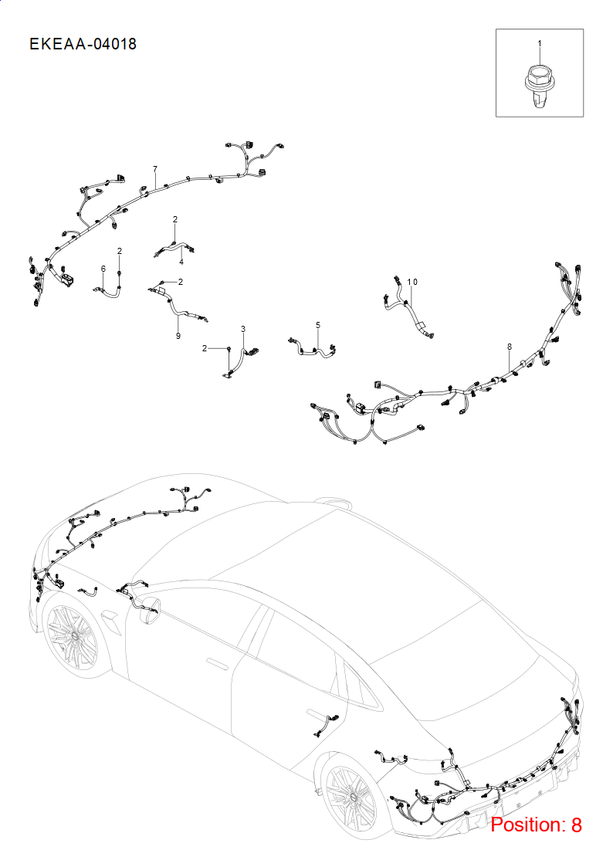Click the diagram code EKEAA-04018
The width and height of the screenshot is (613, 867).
click(x=83, y=44)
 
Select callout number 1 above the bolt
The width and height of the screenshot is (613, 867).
click(x=540, y=43)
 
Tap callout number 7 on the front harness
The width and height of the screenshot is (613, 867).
click(x=155, y=169)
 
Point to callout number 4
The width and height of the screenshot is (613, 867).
click(x=181, y=262)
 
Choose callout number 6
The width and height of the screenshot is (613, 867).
click(x=103, y=269)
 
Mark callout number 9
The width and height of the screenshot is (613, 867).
click(x=178, y=336)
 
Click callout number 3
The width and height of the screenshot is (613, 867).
click(x=243, y=329)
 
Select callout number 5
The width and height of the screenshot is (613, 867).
click(x=318, y=325)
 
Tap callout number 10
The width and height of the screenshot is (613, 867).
click(x=412, y=282)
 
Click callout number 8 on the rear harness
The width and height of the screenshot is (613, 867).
click(x=509, y=347)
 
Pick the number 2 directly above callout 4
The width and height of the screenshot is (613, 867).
click(x=175, y=219)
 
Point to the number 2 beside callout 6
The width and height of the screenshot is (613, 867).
click(x=120, y=251)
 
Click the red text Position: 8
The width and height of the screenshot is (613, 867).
click(x=536, y=825)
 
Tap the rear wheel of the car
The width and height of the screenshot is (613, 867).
click(x=351, y=796)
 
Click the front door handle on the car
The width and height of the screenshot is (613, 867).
click(x=217, y=663)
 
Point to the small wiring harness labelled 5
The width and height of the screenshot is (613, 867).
click(x=313, y=347)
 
